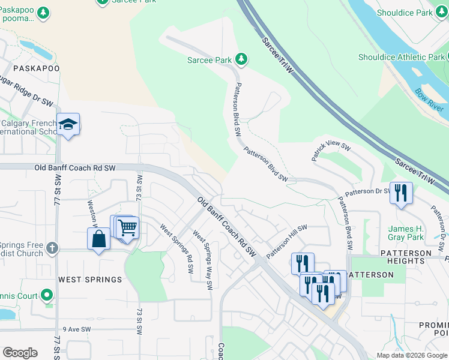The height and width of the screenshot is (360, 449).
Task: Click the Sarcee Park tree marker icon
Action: [241, 59]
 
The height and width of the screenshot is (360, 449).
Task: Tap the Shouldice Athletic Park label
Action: [401, 58]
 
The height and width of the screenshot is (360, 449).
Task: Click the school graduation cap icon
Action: [68, 124]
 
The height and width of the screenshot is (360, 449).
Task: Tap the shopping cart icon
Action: [127, 227]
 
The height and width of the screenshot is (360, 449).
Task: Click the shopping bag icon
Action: [98, 239]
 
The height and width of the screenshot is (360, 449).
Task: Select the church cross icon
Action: [52, 247]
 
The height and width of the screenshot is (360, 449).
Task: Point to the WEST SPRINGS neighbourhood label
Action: [90, 280]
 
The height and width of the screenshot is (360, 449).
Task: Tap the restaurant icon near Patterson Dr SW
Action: [401, 193]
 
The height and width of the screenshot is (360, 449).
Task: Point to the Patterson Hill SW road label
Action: [287, 241]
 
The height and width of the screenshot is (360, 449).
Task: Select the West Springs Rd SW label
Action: [176, 248]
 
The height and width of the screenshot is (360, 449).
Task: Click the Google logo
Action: [20, 353]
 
